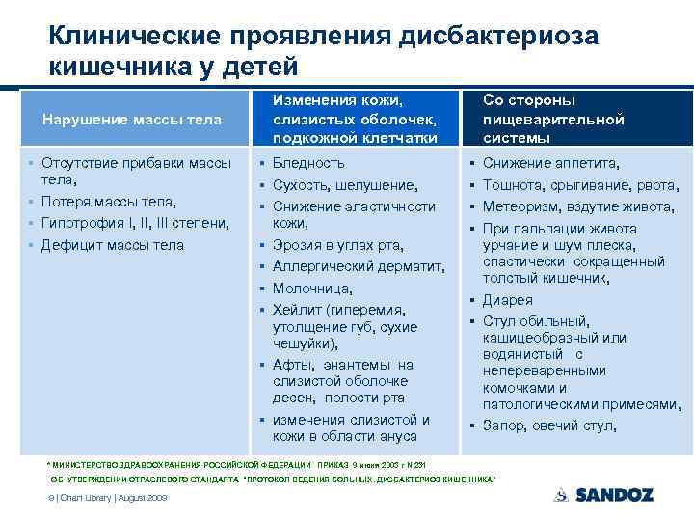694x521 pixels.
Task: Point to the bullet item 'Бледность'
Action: tap(308, 163)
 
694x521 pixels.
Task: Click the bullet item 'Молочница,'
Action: tap(312, 288)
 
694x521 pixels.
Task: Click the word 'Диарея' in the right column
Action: tap(507, 299)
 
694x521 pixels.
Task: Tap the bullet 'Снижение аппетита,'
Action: tap(550, 163)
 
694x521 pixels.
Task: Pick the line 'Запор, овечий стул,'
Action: tap(549, 425)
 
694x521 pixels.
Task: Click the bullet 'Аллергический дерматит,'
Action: tap(358, 266)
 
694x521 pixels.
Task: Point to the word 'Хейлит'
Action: tap(297, 310)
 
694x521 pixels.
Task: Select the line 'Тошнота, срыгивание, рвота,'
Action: tap(577, 184)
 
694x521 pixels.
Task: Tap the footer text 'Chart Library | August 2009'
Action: tap(111, 498)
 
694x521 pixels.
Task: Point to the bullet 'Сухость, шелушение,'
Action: tap(345, 184)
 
